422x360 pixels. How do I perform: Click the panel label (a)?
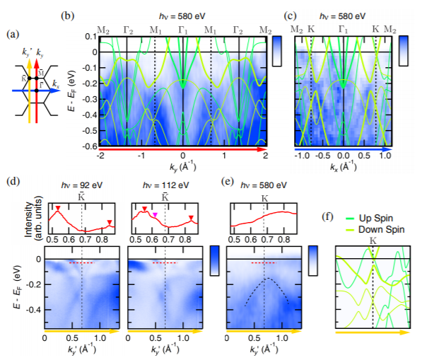[x=13, y=35]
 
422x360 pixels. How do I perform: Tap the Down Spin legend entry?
[x=375, y=230]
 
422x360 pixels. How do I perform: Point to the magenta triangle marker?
[x=155, y=214]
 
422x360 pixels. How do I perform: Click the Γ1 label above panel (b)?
[x=183, y=30]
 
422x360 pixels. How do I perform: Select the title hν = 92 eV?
[x=81, y=185]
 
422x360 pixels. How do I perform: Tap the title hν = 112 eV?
[x=166, y=185]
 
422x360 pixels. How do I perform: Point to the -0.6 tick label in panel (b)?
[x=90, y=146]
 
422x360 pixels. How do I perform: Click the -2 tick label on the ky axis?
[x=100, y=156]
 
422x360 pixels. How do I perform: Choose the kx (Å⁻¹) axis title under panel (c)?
[x=343, y=167]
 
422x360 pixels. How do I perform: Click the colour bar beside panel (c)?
[x=404, y=51]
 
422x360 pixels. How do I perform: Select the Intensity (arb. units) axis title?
[x=33, y=219]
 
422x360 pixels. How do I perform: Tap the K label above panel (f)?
[x=373, y=240]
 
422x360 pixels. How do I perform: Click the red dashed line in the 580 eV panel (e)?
[x=264, y=262]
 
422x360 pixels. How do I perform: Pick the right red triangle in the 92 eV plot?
[x=110, y=222]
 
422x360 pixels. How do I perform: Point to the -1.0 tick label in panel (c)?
[x=303, y=156]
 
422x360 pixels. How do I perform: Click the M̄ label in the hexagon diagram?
[x=41, y=74]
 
